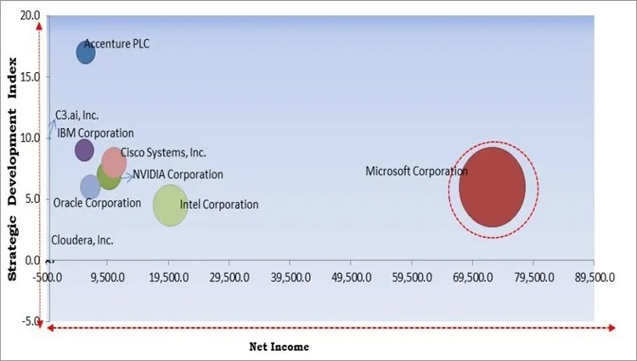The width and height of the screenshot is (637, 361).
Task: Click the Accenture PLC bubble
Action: click(x=86, y=53)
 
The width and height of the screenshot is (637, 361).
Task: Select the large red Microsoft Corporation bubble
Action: click(x=492, y=187)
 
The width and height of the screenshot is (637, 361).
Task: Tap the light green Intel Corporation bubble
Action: click(x=170, y=205)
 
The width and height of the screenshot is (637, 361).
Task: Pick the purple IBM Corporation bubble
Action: click(x=84, y=150)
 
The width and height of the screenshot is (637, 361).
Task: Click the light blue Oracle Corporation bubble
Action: click(x=90, y=187)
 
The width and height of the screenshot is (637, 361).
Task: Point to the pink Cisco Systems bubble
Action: click(x=115, y=161)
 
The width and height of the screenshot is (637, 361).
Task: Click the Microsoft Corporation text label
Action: click(x=416, y=172)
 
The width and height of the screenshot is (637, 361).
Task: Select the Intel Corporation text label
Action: click(x=219, y=205)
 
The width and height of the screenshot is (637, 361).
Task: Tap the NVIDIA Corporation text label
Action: click(x=178, y=175)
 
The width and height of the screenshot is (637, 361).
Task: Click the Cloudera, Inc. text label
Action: click(x=82, y=240)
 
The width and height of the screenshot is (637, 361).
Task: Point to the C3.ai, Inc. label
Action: click(x=77, y=116)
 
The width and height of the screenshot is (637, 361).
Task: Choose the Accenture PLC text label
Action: click(x=116, y=44)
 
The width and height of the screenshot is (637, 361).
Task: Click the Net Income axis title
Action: click(x=279, y=347)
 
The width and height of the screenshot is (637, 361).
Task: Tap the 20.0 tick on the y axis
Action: click(x=30, y=15)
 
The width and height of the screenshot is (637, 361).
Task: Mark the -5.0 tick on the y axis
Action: click(x=30, y=320)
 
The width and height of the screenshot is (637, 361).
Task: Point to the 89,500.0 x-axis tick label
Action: click(x=593, y=277)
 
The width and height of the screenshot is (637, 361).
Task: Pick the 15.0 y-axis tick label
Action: click(x=30, y=76)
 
